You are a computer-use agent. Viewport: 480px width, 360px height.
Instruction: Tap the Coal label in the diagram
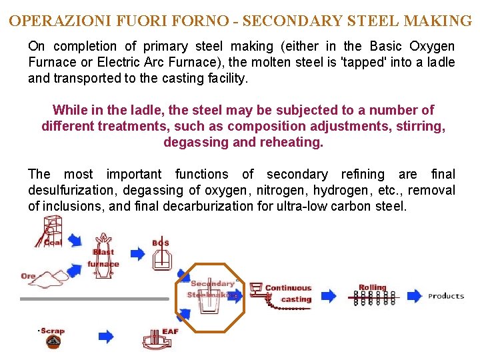[x=53, y=243]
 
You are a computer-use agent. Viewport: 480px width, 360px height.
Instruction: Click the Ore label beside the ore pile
[x=28, y=276]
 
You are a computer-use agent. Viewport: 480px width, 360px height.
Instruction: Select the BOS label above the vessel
[x=161, y=243]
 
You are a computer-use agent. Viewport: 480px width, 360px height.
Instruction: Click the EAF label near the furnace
[x=170, y=331]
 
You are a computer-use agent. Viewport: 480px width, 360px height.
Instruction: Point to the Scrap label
[x=51, y=331]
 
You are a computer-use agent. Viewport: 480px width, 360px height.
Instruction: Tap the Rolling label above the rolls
[x=373, y=288]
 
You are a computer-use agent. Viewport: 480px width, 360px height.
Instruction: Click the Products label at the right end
[x=446, y=296]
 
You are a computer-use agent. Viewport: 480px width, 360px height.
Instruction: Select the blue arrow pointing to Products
[x=415, y=295]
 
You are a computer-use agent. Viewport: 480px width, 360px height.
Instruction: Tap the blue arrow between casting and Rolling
[x=329, y=295]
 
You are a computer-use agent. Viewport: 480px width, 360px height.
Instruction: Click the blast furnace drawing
[x=103, y=250]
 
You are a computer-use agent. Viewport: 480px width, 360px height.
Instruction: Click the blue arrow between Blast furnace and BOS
[x=137, y=253]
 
